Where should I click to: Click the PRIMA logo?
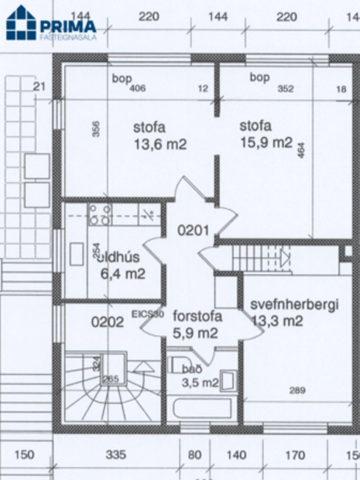(51, 26)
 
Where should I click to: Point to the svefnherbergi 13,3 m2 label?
(294, 313)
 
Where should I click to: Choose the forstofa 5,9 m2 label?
(197, 324)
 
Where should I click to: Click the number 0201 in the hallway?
(194, 230)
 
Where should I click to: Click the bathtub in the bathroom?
(202, 410)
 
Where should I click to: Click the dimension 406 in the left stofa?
(138, 89)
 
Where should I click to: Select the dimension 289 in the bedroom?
(297, 391)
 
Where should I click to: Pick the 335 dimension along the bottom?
(115, 455)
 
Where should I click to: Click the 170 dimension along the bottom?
(295, 455)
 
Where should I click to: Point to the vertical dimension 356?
(95, 129)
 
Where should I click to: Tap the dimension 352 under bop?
(286, 89)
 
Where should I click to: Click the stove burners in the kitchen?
(99, 214)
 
